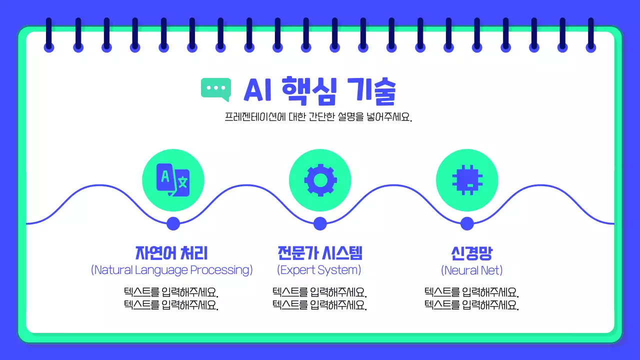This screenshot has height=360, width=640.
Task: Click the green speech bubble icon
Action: (x=216, y=88)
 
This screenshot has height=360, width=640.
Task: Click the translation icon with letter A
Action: (x=173, y=180)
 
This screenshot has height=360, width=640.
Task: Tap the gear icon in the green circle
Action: (x=320, y=180)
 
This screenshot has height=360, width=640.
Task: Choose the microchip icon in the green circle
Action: (x=467, y=180)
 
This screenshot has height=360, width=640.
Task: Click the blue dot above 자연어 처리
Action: (x=173, y=223)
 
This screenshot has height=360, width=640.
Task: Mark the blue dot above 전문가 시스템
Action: (x=320, y=223)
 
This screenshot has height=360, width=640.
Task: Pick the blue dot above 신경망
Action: (x=467, y=223)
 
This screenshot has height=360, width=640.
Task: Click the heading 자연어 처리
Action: (x=171, y=252)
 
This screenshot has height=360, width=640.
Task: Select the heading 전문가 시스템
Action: (x=319, y=252)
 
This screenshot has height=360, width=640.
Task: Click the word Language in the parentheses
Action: (x=160, y=270)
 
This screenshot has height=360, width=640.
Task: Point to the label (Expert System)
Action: (x=319, y=270)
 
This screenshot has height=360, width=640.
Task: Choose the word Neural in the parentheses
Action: (x=458, y=270)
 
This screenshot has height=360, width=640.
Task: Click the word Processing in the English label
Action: (x=221, y=270)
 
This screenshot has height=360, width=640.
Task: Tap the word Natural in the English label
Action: (x=113, y=270)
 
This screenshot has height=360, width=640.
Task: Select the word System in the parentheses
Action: (x=340, y=270)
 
